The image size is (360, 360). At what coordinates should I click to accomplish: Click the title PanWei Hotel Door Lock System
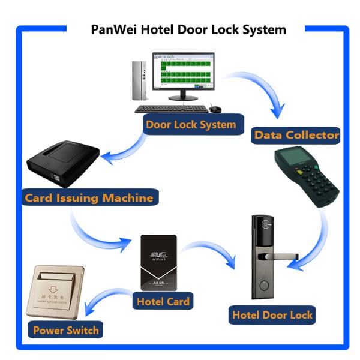click(x=188, y=29)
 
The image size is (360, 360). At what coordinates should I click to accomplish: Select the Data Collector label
click(x=296, y=135)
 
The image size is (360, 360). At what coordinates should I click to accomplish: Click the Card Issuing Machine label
click(x=89, y=197)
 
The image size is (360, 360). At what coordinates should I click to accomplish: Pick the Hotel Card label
click(x=163, y=301)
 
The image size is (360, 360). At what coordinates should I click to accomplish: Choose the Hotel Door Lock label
click(x=272, y=314)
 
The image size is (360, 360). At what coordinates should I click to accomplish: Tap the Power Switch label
click(x=66, y=330)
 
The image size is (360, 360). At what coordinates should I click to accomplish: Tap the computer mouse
click(x=215, y=109)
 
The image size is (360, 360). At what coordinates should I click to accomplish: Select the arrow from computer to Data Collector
click(x=264, y=90)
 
